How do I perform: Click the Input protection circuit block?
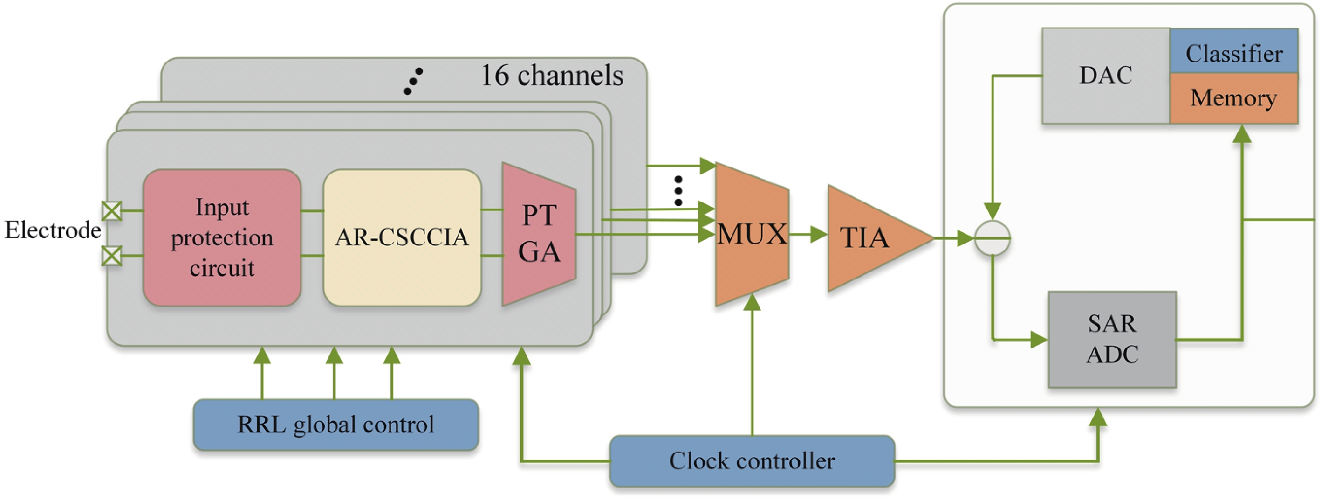click(221, 238)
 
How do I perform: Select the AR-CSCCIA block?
click(402, 238)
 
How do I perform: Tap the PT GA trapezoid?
click(538, 234)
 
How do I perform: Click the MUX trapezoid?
click(751, 234)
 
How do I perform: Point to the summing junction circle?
click(992, 238)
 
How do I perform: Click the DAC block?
click(1106, 76)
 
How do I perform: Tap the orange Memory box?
click(1233, 98)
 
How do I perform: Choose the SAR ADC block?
click(1112, 339)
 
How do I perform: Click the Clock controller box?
click(752, 461)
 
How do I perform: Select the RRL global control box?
click(336, 425)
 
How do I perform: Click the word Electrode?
click(53, 230)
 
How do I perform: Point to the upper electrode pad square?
click(112, 211)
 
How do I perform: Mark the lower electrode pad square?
click(112, 256)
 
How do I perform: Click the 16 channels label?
click(552, 76)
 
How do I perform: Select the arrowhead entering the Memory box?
click(1242, 134)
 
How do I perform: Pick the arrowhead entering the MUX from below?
click(752, 303)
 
